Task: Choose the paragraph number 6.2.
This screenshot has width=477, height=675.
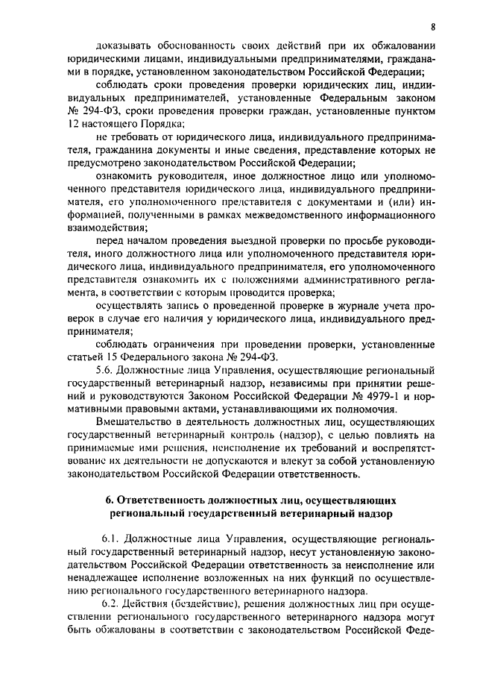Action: tap(110, 603)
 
